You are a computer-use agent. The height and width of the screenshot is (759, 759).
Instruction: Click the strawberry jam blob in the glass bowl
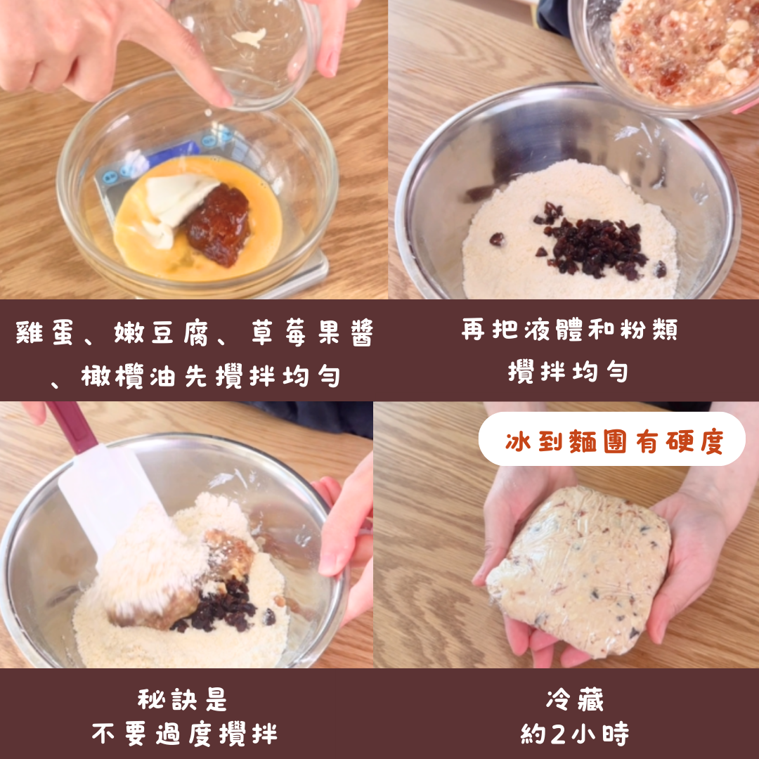219,225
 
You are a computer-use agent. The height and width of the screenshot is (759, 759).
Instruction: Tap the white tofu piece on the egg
176,206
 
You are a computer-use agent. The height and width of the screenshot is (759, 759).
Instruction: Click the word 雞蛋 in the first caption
44,332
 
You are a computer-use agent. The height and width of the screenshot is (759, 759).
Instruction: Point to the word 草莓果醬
312,332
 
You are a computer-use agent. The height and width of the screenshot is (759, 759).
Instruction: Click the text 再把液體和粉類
569,329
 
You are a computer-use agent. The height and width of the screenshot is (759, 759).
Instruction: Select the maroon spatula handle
72,427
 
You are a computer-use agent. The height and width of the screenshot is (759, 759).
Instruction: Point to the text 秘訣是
182,699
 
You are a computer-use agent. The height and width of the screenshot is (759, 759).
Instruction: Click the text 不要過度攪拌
184,734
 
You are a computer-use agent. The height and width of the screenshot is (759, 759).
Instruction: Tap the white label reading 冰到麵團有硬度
612,439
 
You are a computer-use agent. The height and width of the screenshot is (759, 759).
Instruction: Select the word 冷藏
575,699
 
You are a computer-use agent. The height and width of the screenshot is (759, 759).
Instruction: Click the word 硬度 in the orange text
694,441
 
